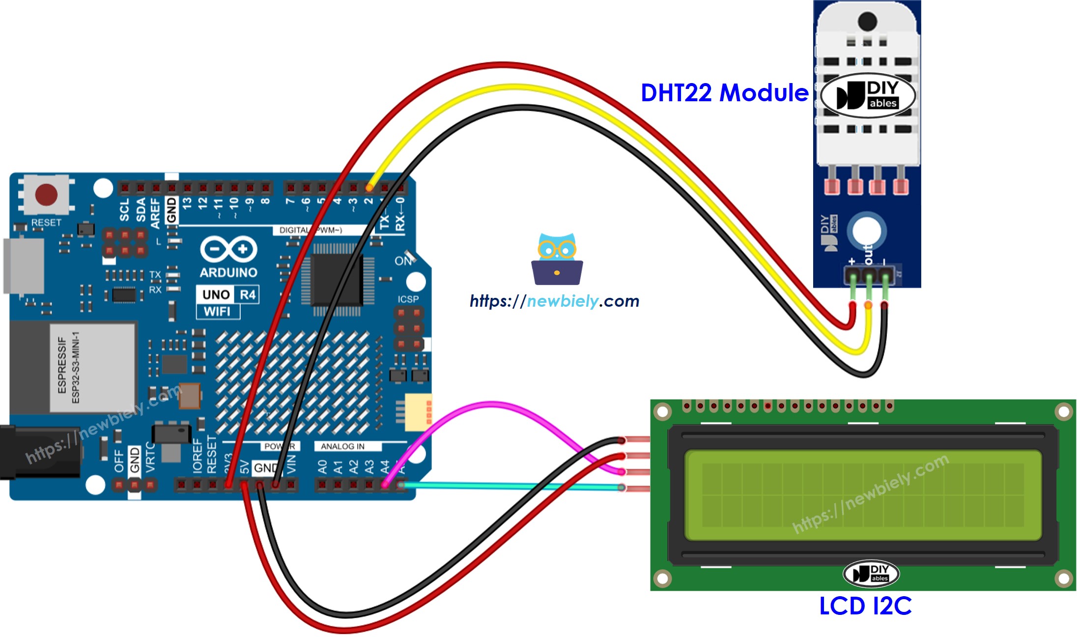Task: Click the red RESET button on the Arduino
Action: (46, 195)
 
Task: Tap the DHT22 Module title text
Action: (724, 93)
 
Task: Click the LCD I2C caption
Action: (865, 606)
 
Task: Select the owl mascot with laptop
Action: (557, 260)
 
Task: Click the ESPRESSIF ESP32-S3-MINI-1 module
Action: (92, 368)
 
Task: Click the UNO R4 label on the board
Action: (228, 294)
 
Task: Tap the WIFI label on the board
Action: (217, 311)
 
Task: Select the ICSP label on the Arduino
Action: (408, 299)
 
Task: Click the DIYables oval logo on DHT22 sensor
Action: (868, 95)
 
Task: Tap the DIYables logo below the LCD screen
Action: (871, 573)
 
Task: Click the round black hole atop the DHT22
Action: (867, 21)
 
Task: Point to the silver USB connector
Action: (24, 266)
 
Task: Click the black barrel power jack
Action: (39, 452)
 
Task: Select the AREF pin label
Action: (155, 213)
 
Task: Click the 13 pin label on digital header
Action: (187, 203)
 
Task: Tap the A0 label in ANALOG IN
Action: (322, 466)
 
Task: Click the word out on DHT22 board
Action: (868, 253)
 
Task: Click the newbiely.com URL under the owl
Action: (554, 301)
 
